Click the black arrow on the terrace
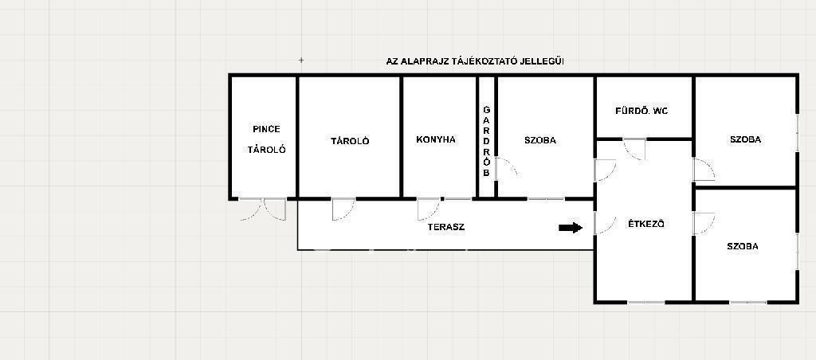pos(571,227)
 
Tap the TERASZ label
pos(446,227)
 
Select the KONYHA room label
pos(436,139)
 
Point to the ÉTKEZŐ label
pos(645,225)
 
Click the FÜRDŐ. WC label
pos(641,111)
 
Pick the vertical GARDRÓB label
pos(487,141)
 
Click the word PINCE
pos(266,129)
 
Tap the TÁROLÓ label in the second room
pos(351,141)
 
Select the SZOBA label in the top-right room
pos(745,139)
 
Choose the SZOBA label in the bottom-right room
pos(743,247)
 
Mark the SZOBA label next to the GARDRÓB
pos(540,140)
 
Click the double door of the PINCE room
pos(263,209)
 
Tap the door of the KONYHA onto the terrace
pos(428,209)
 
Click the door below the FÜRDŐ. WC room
pos(635,149)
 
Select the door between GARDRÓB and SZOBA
pos(506,168)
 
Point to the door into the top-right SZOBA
pos(704,170)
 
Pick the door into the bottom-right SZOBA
pos(704,224)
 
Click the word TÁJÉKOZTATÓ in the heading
pos(488,61)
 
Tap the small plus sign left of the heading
pos(301,61)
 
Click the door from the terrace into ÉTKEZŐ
pos(606,223)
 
